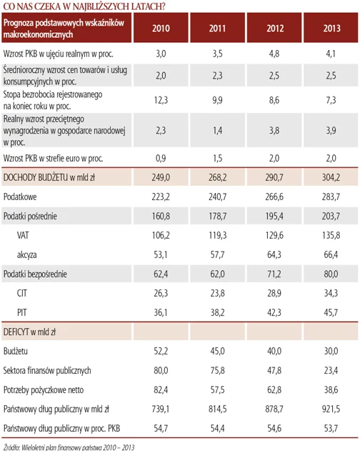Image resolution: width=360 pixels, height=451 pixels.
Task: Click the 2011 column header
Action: [x=218, y=28]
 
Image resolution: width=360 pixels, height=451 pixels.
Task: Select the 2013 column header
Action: [x=331, y=28]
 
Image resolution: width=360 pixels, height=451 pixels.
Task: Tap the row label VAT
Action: [x=23, y=235]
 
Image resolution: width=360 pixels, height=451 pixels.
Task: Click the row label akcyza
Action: [x=26, y=255]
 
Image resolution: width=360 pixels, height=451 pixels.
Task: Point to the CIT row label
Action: [x=22, y=293]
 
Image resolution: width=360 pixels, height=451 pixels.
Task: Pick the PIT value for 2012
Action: [x=274, y=312]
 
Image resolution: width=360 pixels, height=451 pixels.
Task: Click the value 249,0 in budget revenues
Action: [x=161, y=177]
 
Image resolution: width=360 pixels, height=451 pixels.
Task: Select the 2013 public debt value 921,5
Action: [x=331, y=409]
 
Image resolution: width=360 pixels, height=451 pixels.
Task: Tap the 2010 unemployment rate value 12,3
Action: [x=161, y=100]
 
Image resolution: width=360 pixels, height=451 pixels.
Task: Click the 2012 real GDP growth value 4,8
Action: [x=274, y=54]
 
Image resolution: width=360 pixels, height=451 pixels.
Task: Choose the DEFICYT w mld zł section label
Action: [x=29, y=332]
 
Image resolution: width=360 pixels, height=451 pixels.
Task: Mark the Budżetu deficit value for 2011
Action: [x=217, y=351]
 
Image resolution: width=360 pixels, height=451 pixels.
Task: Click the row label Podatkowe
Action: [x=20, y=197]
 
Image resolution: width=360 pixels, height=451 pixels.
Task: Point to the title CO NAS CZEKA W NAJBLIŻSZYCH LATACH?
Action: [x=84, y=6]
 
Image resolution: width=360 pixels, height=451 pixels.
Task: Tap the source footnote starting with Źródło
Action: [x=69, y=447]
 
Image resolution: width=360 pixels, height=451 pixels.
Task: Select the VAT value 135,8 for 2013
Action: [x=331, y=235]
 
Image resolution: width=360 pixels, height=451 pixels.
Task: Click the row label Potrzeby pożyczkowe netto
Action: [x=44, y=390]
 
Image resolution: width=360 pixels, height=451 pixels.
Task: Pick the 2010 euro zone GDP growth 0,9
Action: [x=161, y=158]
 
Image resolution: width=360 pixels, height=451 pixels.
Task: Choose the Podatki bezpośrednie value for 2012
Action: [x=274, y=274]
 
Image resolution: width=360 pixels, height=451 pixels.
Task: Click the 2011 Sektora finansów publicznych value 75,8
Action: [x=217, y=370]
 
